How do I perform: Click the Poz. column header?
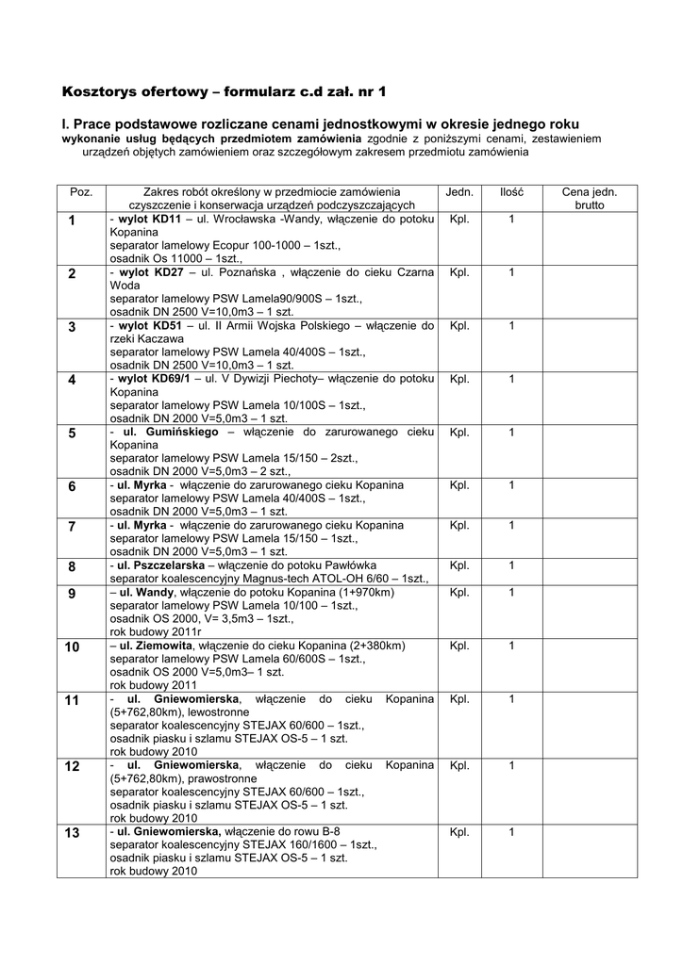(81, 191)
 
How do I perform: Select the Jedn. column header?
(459, 191)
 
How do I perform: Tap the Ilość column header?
(512, 191)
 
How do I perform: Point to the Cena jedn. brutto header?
(590, 198)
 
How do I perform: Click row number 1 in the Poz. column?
(72, 221)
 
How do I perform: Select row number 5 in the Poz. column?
(72, 433)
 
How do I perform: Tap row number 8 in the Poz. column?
(72, 566)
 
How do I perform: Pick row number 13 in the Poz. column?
(73, 833)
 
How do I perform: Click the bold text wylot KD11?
(149, 220)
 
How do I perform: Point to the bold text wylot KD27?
(149, 272)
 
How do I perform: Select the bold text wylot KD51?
(149, 326)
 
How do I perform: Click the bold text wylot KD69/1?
(155, 379)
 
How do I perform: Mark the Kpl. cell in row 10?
(459, 646)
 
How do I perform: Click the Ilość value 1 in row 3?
(512, 326)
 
